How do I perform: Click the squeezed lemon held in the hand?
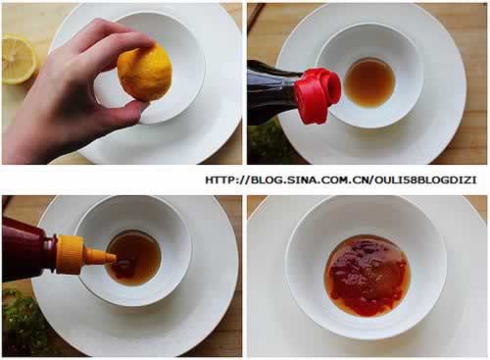145,73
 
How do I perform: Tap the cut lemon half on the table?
19,61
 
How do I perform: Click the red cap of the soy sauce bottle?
318,95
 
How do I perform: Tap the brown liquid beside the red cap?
369,82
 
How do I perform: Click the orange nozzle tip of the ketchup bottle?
111,258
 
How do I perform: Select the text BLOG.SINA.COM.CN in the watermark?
310,180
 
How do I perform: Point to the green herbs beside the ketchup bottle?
23,322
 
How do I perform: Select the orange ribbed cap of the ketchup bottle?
70,255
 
